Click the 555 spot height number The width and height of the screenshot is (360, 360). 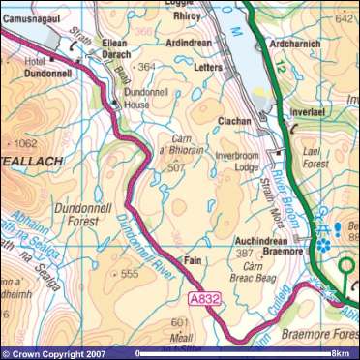point(130,274)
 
